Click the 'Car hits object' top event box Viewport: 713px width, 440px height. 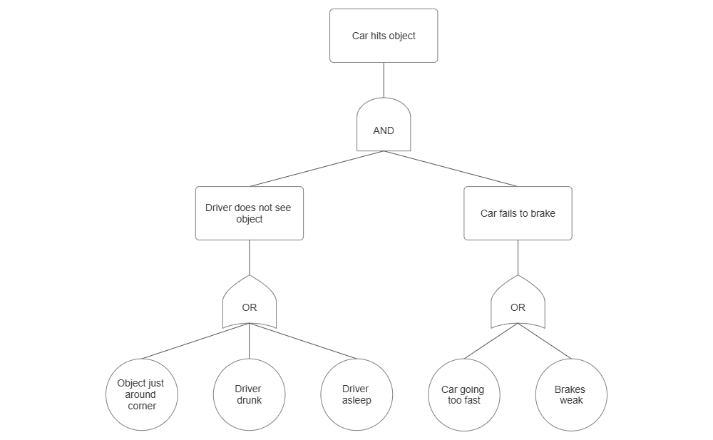pyautogui.click(x=384, y=36)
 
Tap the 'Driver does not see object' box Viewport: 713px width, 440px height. pyautogui.click(x=249, y=213)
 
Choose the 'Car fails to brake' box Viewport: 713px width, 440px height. pyautogui.click(x=518, y=213)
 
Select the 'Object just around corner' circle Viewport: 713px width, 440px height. pyautogui.click(x=141, y=394)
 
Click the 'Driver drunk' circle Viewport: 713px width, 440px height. pyautogui.click(x=249, y=394)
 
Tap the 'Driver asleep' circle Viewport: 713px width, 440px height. pyautogui.click(x=356, y=394)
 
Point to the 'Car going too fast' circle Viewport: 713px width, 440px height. pyautogui.click(x=463, y=394)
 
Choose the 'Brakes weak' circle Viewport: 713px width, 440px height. pyautogui.click(x=570, y=394)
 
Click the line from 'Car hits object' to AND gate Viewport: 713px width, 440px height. pyautogui.click(x=384, y=80)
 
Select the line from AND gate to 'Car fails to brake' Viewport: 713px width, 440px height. pyautogui.click(x=451, y=168)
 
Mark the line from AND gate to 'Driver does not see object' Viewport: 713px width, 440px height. pyautogui.click(x=316, y=168)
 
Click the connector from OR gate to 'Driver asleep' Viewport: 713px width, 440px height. pyautogui.click(x=302, y=341)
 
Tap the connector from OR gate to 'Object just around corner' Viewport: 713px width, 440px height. pyautogui.click(x=195, y=341)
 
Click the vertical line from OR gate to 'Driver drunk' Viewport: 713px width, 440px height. pyautogui.click(x=249, y=342)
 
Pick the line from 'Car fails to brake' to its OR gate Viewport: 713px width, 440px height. pyautogui.click(x=518, y=257)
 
